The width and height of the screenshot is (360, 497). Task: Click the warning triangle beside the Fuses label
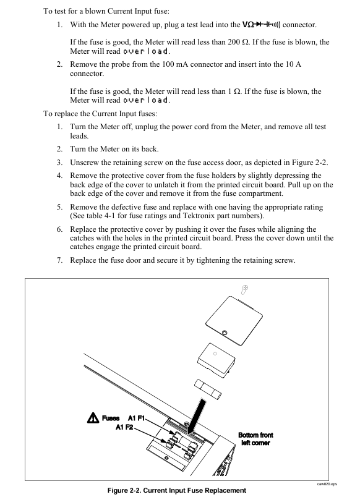pyautogui.click(x=93, y=418)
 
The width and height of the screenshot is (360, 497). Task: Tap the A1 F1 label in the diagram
pyautogui.click(x=136, y=418)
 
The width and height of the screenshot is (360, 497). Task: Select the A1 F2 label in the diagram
pyautogui.click(x=125, y=427)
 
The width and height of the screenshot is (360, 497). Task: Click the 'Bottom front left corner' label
pyautogui.click(x=255, y=439)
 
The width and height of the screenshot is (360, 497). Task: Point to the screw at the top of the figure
pyautogui.click(x=244, y=289)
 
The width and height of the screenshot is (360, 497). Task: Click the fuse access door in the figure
pyautogui.click(x=234, y=320)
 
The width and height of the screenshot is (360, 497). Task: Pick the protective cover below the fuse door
pyautogui.click(x=216, y=359)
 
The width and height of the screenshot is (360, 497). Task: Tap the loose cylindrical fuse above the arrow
pyautogui.click(x=208, y=389)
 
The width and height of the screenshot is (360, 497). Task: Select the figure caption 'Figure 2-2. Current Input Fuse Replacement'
pyautogui.click(x=177, y=490)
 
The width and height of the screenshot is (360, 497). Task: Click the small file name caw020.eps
pyautogui.click(x=327, y=483)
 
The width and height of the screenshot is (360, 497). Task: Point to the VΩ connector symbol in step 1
pyautogui.click(x=261, y=24)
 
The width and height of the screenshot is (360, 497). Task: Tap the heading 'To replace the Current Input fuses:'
pyautogui.click(x=100, y=114)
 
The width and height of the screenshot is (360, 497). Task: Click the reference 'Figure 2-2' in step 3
pyautogui.click(x=309, y=163)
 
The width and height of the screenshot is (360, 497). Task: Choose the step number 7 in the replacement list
pyautogui.click(x=59, y=260)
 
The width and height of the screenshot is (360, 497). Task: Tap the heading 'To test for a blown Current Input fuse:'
pyautogui.click(x=106, y=11)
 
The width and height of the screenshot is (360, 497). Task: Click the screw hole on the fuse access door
pyautogui.click(x=225, y=333)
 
